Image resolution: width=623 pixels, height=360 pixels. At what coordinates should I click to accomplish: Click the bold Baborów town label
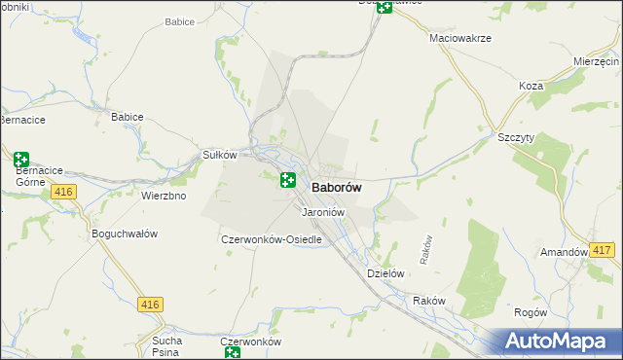coord(338,189)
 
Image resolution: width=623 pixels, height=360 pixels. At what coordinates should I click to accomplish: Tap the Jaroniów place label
coord(324,212)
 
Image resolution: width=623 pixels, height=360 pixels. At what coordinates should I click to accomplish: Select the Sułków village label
coord(219,155)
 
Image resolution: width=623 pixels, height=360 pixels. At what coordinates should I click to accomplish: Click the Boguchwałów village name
coord(124,234)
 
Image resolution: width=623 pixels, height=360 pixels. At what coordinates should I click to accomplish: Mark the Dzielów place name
coord(385,274)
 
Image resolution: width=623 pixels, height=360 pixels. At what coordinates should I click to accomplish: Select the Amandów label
coord(564,252)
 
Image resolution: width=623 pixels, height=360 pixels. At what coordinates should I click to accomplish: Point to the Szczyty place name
coord(516,138)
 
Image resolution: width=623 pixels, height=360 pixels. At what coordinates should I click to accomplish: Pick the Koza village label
coord(531,86)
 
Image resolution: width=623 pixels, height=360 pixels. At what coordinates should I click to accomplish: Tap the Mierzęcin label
coord(597,60)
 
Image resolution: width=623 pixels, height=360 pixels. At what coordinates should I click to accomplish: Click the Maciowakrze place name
coord(459,38)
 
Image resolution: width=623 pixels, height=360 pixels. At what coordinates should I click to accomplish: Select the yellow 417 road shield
coord(602,251)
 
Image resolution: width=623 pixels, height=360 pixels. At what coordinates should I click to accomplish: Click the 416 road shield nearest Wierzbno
coord(64,193)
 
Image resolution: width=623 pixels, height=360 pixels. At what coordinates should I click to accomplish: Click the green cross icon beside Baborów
coord(288,179)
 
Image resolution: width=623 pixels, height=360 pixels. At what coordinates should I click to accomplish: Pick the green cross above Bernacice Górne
coord(21,159)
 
